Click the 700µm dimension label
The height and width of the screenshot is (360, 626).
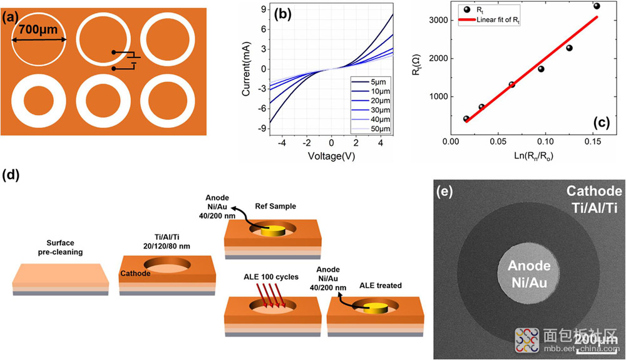coord(38,29)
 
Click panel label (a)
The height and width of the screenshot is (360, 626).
coord(11,18)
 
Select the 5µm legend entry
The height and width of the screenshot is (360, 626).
coord(369,82)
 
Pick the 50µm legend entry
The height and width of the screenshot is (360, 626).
coord(371,129)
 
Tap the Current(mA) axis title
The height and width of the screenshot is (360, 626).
coord(246,69)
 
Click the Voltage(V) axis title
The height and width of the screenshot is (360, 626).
coord(331,156)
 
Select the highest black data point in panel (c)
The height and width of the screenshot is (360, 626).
coord(597,6)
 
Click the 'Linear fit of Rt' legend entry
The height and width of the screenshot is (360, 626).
coord(489,19)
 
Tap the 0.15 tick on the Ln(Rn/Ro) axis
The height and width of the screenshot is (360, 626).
coord(592,141)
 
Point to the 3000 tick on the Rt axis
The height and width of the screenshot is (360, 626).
coord(438,21)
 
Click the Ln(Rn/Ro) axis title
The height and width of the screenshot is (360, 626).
coord(533,156)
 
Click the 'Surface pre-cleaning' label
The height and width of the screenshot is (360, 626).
coord(60,247)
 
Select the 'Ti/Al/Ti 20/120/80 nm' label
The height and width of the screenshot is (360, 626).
coord(167,242)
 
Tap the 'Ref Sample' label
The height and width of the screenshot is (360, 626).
coord(275,207)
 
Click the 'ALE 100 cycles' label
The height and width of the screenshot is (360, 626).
coord(271,277)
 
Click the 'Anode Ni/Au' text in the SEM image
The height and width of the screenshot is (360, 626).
coord(529,274)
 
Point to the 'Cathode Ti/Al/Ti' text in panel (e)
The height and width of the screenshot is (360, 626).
coord(594,199)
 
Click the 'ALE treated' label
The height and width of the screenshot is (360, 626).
coord(381,285)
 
